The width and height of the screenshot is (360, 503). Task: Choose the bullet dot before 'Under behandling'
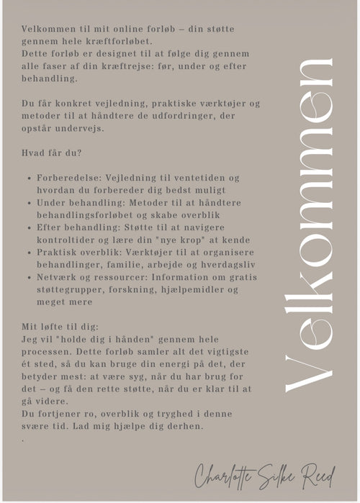[x=27, y=203]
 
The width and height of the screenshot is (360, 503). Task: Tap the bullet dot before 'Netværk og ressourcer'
[x=27, y=278]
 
